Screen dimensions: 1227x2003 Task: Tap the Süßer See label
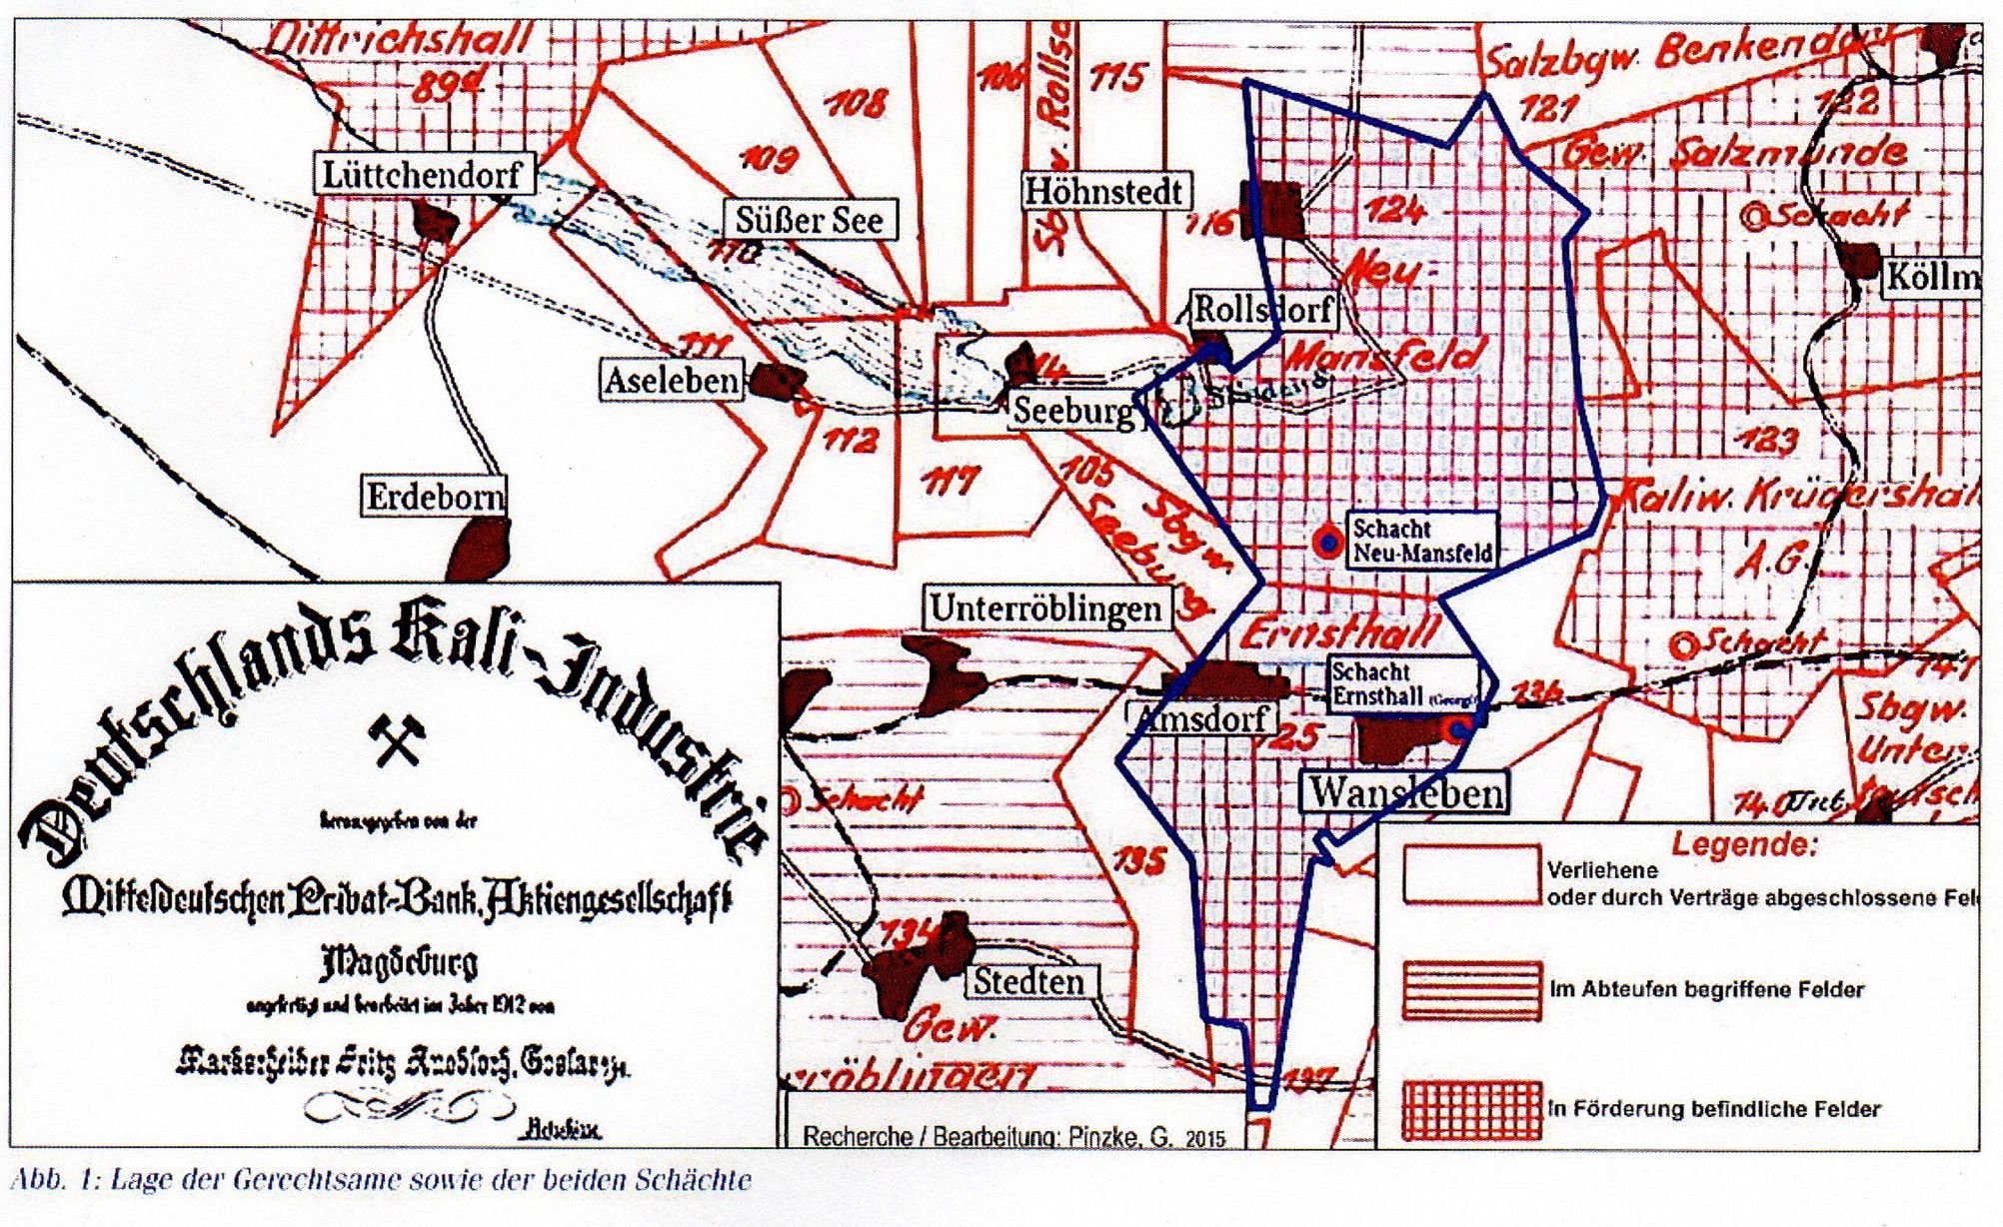pyautogui.click(x=810, y=220)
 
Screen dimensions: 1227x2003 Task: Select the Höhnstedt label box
pyautogui.click(x=1104, y=191)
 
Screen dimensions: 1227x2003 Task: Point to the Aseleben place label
pyautogui.click(x=672, y=381)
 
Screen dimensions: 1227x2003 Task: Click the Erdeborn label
pyautogui.click(x=434, y=497)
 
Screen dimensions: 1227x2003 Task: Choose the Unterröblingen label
pyautogui.click(x=1045, y=608)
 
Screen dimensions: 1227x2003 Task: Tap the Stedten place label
pyautogui.click(x=1028, y=981)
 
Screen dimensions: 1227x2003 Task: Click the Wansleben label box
pyautogui.click(x=1405, y=792)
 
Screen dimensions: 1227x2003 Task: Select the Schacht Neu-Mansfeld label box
pyautogui.click(x=1421, y=541)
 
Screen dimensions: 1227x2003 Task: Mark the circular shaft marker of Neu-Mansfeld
pyautogui.click(x=1328, y=543)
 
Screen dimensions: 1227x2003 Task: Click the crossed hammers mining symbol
pyautogui.click(x=397, y=741)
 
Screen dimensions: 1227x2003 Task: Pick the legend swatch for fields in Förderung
pyautogui.click(x=1472, y=1109)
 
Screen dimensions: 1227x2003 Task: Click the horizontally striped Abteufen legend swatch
pyautogui.click(x=1472, y=989)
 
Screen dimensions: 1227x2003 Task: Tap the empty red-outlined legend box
pyautogui.click(x=1472, y=875)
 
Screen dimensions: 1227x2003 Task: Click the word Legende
pyautogui.click(x=1744, y=845)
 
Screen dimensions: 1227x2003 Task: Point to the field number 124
pyautogui.click(x=1394, y=211)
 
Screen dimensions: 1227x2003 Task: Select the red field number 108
pyautogui.click(x=856, y=103)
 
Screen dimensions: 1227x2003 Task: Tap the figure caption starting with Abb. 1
pyautogui.click(x=380, y=1180)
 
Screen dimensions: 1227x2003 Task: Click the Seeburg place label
pyautogui.click(x=1073, y=411)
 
